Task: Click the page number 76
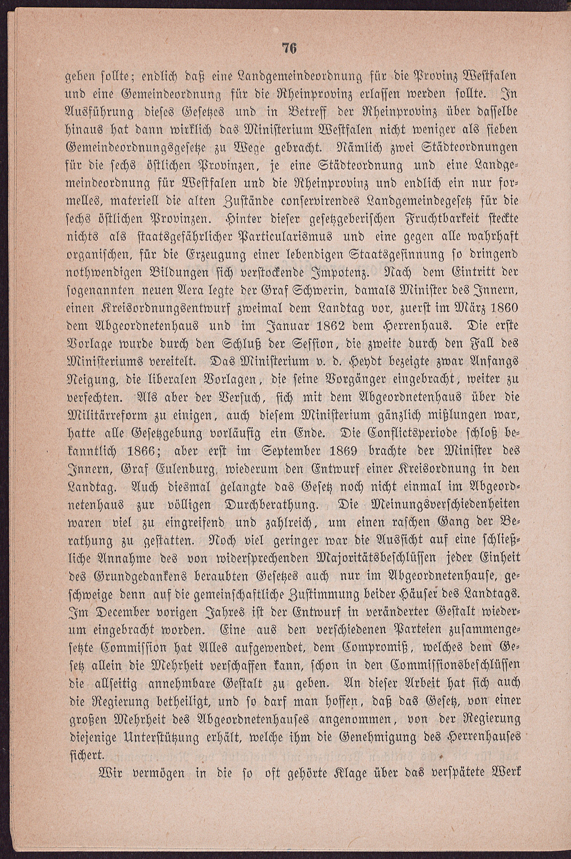(290, 49)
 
